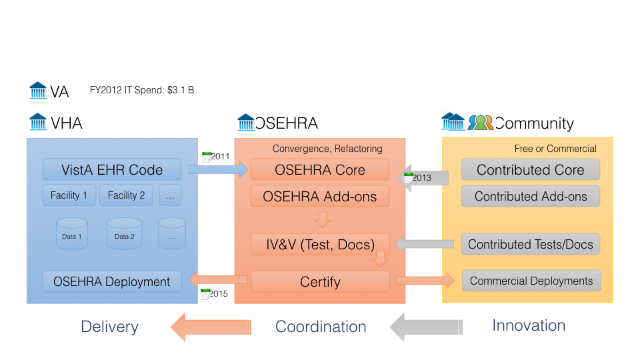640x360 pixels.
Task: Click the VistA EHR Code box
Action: click(112, 169)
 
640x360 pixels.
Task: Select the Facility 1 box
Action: click(69, 195)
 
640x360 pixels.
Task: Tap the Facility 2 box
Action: click(126, 195)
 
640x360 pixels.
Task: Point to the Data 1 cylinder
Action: click(72, 233)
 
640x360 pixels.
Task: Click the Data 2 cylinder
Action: click(124, 233)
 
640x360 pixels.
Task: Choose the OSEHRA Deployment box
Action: click(112, 281)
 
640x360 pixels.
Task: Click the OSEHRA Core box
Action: click(320, 169)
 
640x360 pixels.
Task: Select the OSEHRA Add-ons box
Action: click(320, 196)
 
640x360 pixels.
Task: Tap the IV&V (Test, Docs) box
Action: click(321, 244)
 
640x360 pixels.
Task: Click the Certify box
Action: click(321, 281)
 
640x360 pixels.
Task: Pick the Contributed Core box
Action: click(531, 169)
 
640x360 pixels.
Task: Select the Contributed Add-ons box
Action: click(531, 196)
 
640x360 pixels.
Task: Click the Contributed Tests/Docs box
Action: click(531, 244)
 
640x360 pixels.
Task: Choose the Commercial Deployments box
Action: click(531, 281)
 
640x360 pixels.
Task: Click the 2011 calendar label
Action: click(216, 156)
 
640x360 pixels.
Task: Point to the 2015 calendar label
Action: click(215, 293)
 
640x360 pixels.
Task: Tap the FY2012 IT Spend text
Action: click(142, 90)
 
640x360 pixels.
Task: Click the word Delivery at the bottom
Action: click(110, 327)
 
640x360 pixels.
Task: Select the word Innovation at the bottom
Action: click(529, 325)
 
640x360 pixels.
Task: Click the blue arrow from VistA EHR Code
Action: click(218, 169)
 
